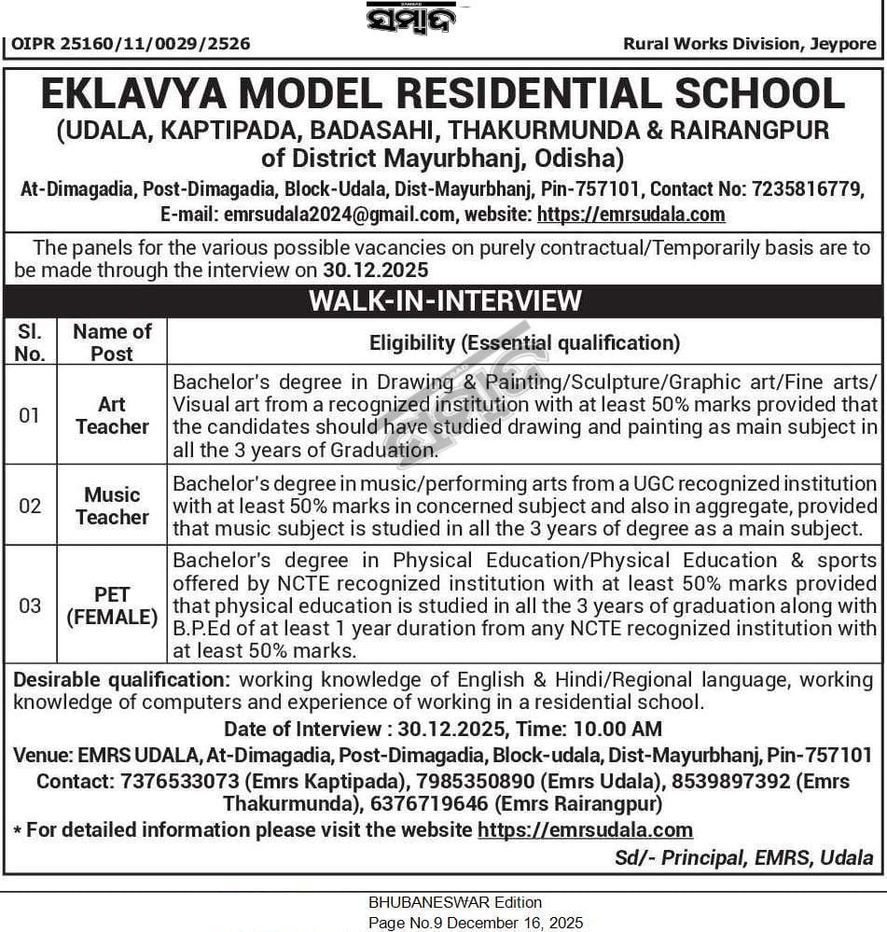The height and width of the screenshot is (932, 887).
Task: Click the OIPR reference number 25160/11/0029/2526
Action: tap(130, 44)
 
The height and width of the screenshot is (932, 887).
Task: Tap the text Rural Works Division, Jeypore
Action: tap(749, 44)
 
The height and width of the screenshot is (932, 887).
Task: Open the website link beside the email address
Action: tap(631, 215)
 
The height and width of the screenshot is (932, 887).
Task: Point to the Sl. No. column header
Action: tap(30, 342)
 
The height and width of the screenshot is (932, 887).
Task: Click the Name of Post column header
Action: tap(112, 342)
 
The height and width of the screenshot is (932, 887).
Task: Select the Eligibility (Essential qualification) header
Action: tap(524, 342)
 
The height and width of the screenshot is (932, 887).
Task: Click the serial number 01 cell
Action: tap(30, 415)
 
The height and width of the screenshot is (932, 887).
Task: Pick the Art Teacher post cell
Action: tap(112, 415)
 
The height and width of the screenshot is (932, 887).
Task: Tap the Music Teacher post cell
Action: tap(112, 506)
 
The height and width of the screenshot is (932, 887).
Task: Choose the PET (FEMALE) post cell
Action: tap(112, 605)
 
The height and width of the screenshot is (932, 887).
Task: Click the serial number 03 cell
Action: tap(30, 605)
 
